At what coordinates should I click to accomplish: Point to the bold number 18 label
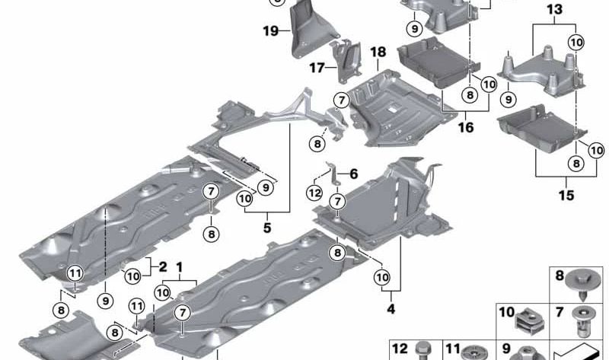click(x=378, y=52)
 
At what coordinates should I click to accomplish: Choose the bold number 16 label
click(x=465, y=128)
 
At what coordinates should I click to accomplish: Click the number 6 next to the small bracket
click(x=353, y=174)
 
